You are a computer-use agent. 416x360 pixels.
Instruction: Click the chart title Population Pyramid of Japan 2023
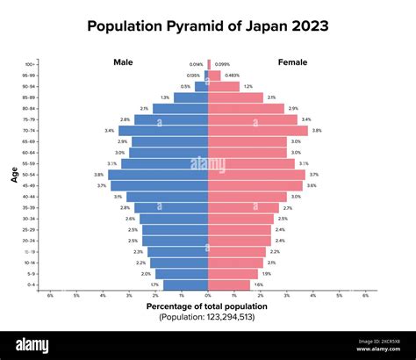tap(208, 25)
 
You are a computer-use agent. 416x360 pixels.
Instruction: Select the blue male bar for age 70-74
tap(163, 130)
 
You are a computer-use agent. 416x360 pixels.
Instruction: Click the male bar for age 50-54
tap(158, 175)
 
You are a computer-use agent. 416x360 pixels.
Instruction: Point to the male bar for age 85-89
tap(190, 97)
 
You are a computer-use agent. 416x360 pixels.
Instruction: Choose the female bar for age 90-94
tap(224, 86)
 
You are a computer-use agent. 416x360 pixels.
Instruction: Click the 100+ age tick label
tap(31, 64)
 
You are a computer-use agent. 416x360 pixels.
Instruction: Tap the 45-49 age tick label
tap(30, 185)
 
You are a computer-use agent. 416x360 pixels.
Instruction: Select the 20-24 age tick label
tap(30, 241)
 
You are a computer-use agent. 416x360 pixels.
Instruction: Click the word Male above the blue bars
tap(124, 62)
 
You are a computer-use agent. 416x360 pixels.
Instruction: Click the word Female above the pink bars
tap(292, 62)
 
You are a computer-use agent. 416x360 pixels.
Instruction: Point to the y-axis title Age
tap(14, 175)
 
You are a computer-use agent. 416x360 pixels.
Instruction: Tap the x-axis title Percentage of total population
tap(207, 306)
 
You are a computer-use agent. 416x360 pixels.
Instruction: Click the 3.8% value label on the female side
tap(317, 130)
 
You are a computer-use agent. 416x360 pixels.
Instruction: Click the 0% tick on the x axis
tap(208, 295)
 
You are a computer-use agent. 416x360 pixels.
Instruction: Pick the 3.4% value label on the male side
tap(109, 130)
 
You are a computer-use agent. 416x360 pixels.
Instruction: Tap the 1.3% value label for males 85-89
tap(165, 97)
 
